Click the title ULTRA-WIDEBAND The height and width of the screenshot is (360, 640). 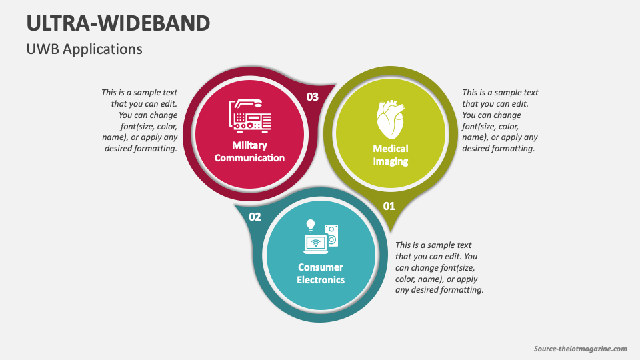[x=118, y=23]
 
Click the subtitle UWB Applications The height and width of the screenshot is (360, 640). [x=84, y=49]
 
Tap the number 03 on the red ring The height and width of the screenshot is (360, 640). [x=312, y=97]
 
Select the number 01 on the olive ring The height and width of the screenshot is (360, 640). [x=389, y=206]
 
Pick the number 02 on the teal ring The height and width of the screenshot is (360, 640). [x=255, y=217]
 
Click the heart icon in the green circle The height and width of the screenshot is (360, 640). [x=390, y=119]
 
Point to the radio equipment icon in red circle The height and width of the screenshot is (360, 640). [x=249, y=115]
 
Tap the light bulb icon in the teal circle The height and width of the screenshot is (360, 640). [x=310, y=225]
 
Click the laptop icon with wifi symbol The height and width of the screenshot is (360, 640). [x=315, y=244]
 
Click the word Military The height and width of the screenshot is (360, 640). [x=249, y=145]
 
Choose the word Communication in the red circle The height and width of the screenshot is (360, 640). [x=249, y=158]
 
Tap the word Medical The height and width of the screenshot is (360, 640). [x=391, y=149]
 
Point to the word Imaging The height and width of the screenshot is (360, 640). [x=391, y=161]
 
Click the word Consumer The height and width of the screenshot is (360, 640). [x=321, y=267]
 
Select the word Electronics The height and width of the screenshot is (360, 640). [x=321, y=280]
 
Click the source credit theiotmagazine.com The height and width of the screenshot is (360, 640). [x=581, y=349]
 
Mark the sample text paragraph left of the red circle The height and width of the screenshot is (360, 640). [x=140, y=121]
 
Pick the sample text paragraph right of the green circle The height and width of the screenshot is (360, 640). [x=500, y=121]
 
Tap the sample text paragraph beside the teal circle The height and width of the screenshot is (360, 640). [x=439, y=267]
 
